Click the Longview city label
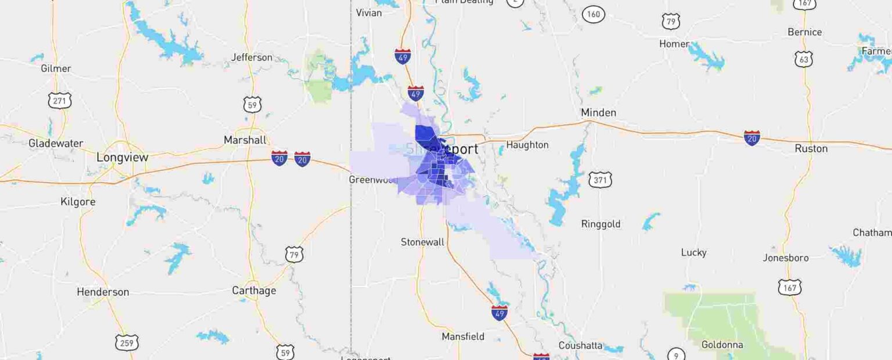tap(122, 157)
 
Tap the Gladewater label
tap(56, 143)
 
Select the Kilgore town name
tap(78, 202)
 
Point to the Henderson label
tap(103, 292)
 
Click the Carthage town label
tap(254, 290)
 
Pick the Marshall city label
tap(245, 140)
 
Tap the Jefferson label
tap(251, 57)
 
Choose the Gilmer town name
tap(56, 69)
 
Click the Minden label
tap(598, 113)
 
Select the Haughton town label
tap(527, 145)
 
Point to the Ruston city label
tap(811, 149)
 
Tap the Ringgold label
tap(600, 224)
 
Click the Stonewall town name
tap(422, 242)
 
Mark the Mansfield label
tap(463, 337)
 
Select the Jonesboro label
tap(785, 258)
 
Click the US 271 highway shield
tap(59, 100)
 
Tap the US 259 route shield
tap(127, 343)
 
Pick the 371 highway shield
tap(600, 180)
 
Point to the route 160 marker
tap(594, 14)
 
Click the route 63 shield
tap(803, 59)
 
